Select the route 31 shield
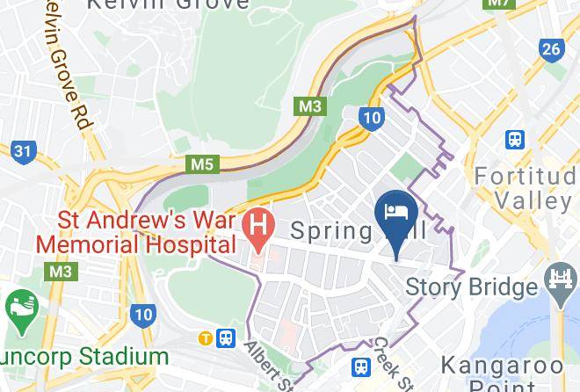coord(24,151)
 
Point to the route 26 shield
coord(551,49)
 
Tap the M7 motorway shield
coord(499,4)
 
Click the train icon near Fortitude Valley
coord(514,139)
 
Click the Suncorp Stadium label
coord(83,357)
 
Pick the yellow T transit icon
coord(205,338)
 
